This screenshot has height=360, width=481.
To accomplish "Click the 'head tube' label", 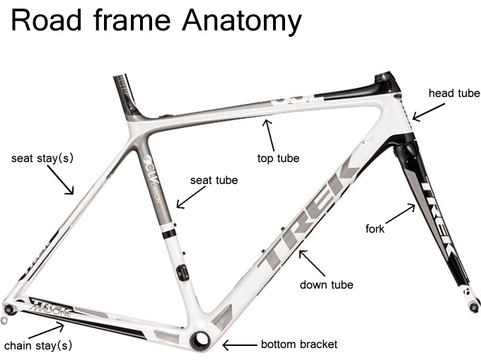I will pos(454,93).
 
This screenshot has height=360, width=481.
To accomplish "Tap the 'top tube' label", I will pos(278,158).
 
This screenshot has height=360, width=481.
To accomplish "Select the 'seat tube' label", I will pos(214,180).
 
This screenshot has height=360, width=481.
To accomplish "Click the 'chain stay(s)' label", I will pos(38,347).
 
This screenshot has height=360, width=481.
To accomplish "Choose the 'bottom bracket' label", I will pos(299,344).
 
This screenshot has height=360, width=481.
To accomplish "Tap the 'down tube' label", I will pos(326,285).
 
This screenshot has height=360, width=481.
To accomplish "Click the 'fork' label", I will pos(375,228).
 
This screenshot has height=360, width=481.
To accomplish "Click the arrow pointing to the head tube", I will pos(429,112).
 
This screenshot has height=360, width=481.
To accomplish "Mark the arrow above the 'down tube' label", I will pos(311,262).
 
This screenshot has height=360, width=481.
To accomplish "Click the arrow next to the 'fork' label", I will pos(401,214).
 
